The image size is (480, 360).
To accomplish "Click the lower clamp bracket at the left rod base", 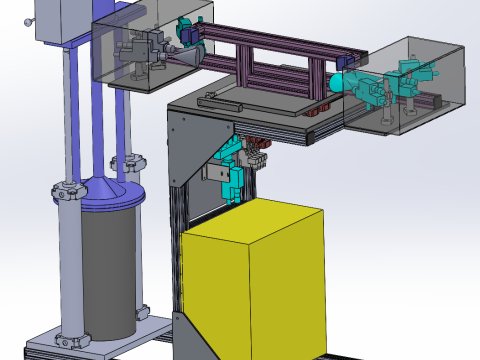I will (69, 340).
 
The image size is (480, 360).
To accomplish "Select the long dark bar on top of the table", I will (219, 99).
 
